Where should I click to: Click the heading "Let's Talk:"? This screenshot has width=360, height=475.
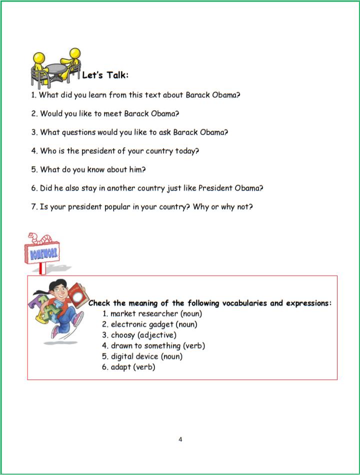tap(105, 75)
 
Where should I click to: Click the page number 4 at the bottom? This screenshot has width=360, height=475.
tap(180, 439)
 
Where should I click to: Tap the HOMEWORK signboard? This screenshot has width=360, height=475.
tap(42, 253)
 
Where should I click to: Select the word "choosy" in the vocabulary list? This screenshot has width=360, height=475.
tap(122, 335)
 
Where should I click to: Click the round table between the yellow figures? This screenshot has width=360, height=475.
tap(56, 68)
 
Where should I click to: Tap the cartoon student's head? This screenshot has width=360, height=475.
tap(56, 289)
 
